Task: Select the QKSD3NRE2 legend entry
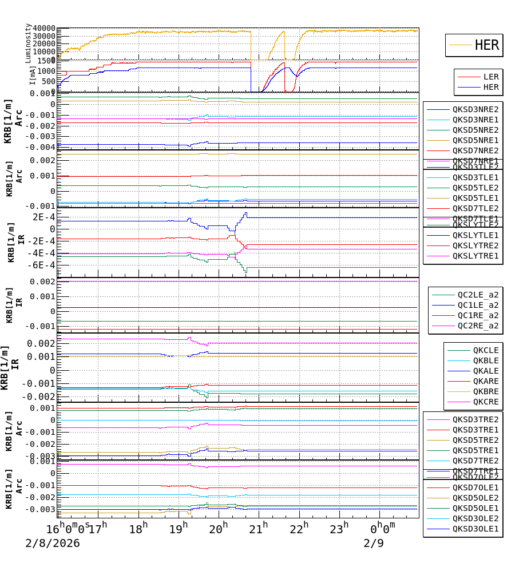(x=476, y=109)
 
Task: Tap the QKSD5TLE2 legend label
(x=476, y=188)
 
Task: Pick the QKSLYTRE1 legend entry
(x=476, y=256)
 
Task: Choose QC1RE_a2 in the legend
(x=478, y=316)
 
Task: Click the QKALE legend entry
(x=486, y=371)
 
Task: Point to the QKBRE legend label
(x=486, y=391)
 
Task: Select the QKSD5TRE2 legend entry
(x=476, y=440)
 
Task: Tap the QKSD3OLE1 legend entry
(x=476, y=529)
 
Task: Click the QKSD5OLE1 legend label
(x=476, y=508)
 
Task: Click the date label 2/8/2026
(x=53, y=543)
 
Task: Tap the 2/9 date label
(x=374, y=543)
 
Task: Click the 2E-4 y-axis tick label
(x=43, y=217)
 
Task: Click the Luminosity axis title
(x=28, y=43)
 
